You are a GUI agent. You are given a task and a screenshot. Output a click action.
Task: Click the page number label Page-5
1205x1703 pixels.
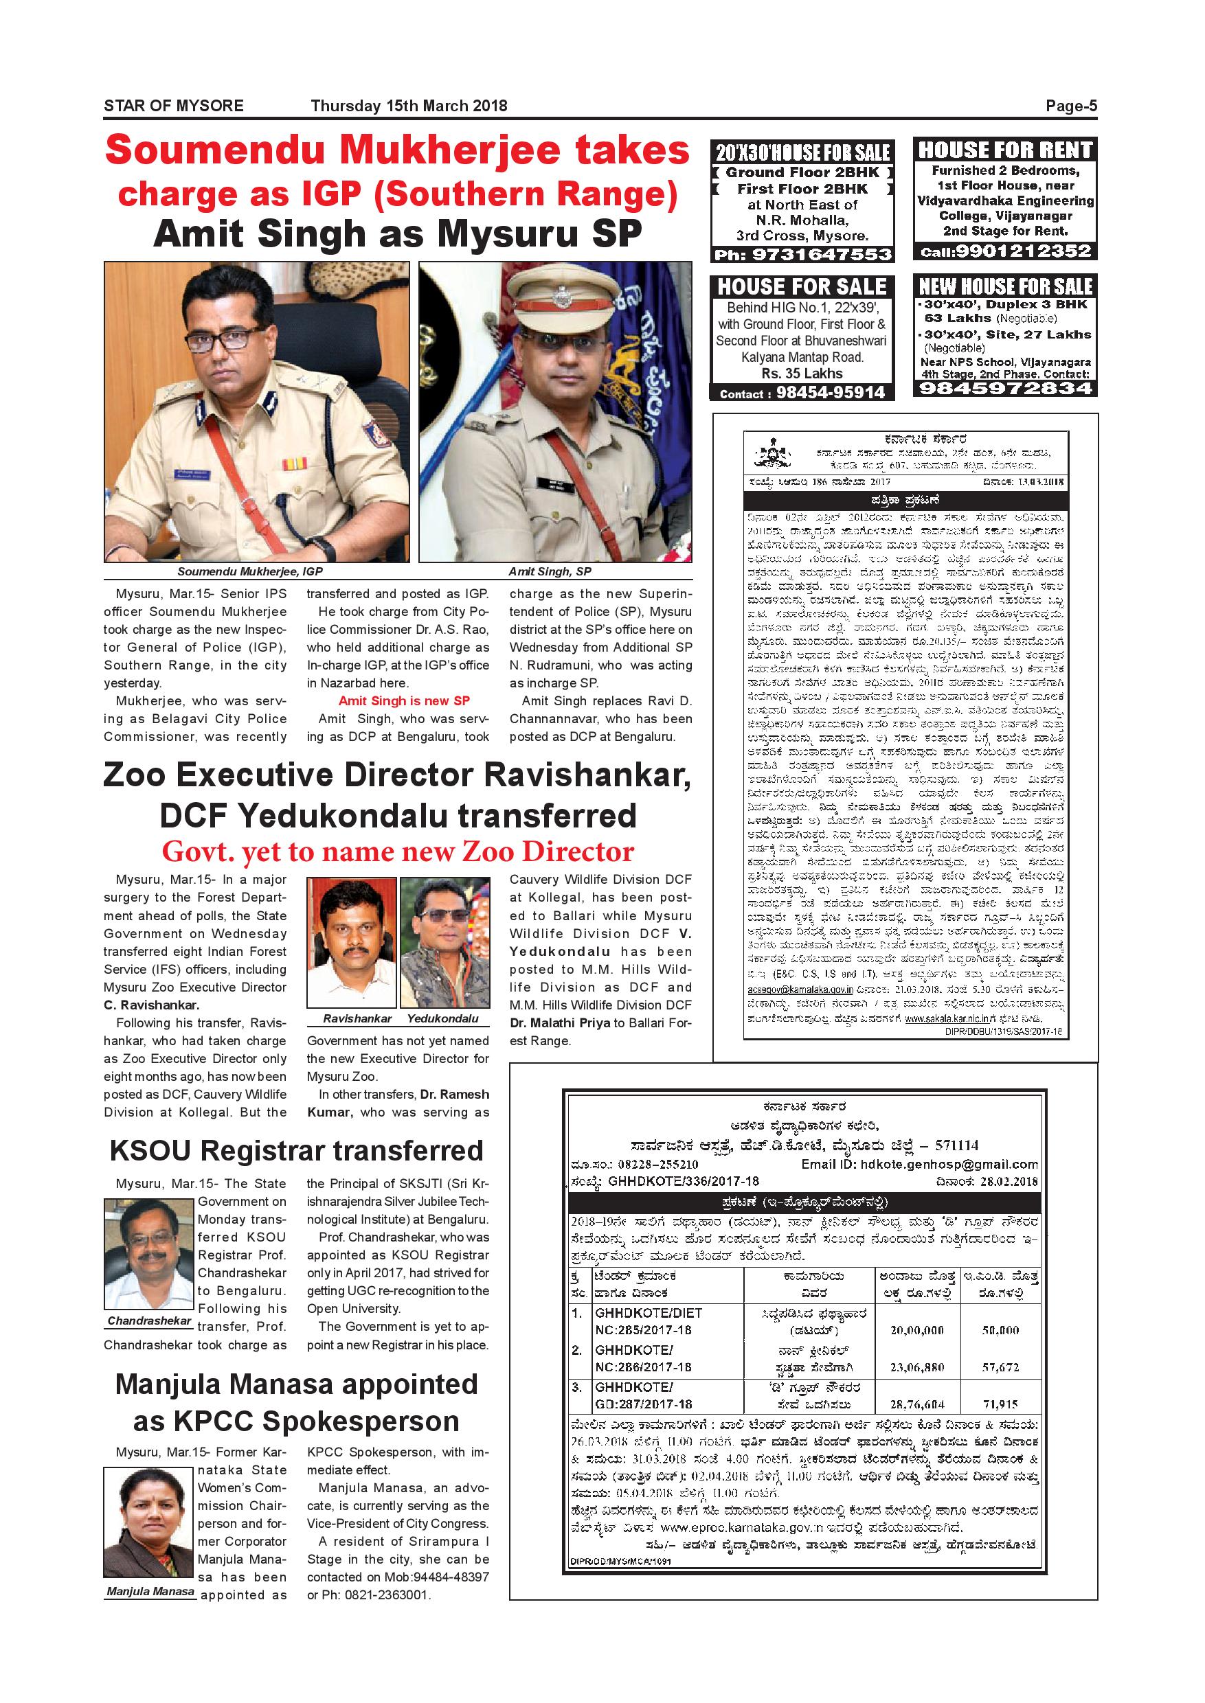(1071, 106)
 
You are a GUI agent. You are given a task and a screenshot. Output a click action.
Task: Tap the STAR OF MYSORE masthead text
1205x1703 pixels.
(174, 106)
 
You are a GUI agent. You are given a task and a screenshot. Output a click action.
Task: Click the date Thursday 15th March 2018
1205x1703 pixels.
(409, 106)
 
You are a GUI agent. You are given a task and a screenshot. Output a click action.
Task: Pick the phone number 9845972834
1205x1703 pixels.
(1005, 388)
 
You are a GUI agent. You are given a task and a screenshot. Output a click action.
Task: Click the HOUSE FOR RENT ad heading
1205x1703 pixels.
(1005, 150)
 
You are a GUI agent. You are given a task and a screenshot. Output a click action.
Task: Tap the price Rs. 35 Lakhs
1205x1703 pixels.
(802, 374)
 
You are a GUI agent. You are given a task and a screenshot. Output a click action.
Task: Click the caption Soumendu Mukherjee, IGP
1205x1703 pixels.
(250, 572)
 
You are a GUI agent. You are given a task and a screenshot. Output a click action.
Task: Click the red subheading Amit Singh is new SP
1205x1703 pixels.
(404, 701)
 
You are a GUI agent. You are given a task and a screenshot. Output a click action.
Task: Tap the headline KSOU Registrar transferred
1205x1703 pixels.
(296, 1150)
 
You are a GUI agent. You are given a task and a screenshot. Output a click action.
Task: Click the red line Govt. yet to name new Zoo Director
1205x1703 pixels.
(398, 851)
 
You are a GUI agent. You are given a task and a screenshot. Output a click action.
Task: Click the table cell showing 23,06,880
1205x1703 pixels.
(916, 1367)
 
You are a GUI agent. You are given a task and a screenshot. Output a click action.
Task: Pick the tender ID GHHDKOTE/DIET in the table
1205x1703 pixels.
(648, 1313)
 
